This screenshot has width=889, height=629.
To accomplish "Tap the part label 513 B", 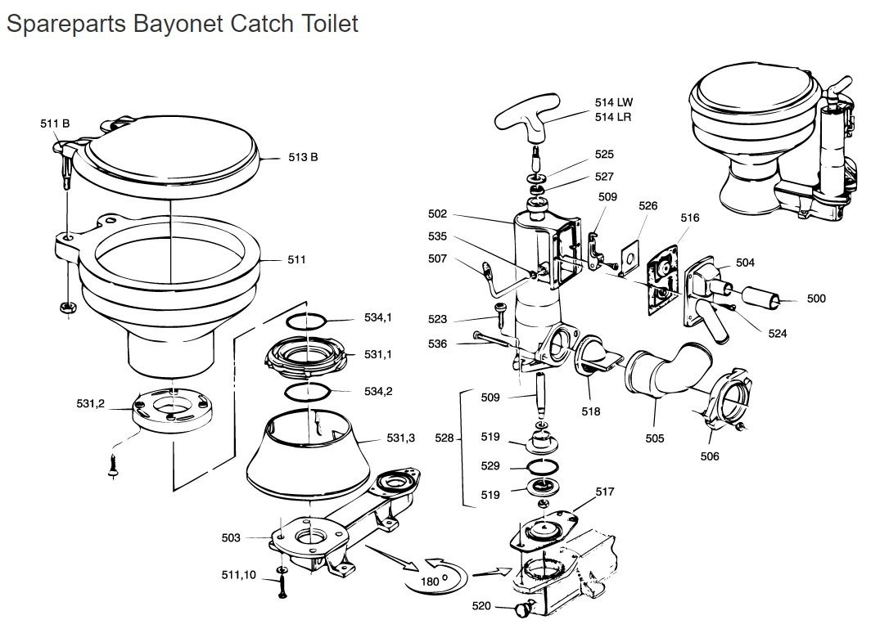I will point(303,157).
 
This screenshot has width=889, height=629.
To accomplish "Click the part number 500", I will point(816,299).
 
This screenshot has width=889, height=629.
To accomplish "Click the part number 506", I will point(710,456).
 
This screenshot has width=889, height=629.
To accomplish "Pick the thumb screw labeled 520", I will point(525,608).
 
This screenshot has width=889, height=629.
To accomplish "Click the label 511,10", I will point(239,575).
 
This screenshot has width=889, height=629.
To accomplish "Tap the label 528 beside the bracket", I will point(444,438).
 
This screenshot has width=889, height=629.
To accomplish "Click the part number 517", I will point(605,492).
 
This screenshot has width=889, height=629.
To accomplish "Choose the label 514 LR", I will point(613,117).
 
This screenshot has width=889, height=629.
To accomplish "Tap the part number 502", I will point(437,214).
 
